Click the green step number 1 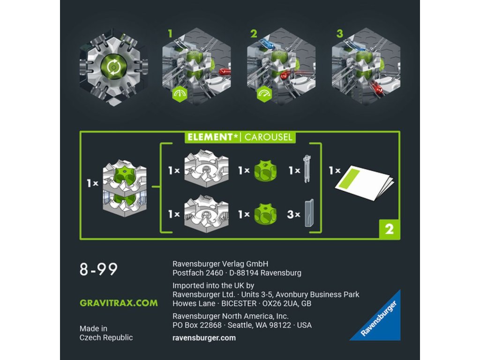pyautogui.click(x=170, y=34)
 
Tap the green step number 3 pyautogui.click(x=339, y=34)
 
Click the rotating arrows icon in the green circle pyautogui.click(x=113, y=67)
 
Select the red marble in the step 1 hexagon pyautogui.click(x=225, y=72)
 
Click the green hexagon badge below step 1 pyautogui.click(x=180, y=94)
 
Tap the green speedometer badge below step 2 pyautogui.click(x=264, y=94)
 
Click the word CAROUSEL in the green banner pyautogui.click(x=268, y=137)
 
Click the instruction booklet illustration pyautogui.click(x=364, y=183)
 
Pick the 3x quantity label pyautogui.click(x=293, y=214)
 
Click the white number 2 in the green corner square pyautogui.click(x=389, y=229)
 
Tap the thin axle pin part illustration pyautogui.click(x=307, y=169)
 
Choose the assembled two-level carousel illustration pyautogui.click(x=125, y=188)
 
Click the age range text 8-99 pyautogui.click(x=98, y=269)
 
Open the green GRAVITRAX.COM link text pyautogui.click(x=119, y=303)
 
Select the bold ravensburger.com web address pyautogui.click(x=204, y=338)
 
